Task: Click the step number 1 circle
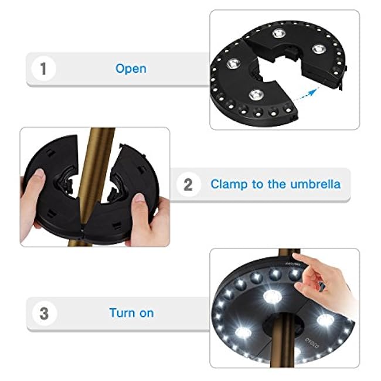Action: [42, 69]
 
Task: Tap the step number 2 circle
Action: [188, 185]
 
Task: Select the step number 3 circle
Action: [43, 312]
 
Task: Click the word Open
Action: [130, 69]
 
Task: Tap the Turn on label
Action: [131, 312]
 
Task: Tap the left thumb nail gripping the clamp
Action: [39, 175]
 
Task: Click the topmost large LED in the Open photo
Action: [277, 33]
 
